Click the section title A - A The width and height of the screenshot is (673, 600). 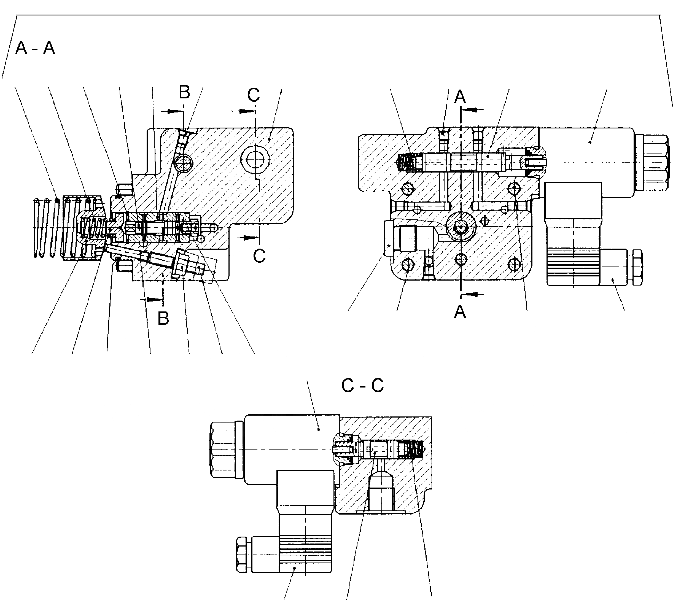[35, 49]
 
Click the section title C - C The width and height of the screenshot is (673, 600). [362, 385]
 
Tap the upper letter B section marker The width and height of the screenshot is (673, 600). [185, 92]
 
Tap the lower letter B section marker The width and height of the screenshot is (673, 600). [163, 318]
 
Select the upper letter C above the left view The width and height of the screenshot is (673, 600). [254, 95]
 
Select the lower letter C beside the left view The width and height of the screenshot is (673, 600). [259, 256]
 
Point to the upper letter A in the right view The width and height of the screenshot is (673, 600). [460, 97]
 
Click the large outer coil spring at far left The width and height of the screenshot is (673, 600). [46, 227]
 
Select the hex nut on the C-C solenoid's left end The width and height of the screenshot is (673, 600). [223, 449]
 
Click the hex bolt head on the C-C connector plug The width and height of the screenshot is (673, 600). [242, 554]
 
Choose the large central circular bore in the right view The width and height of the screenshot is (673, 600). [461, 227]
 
